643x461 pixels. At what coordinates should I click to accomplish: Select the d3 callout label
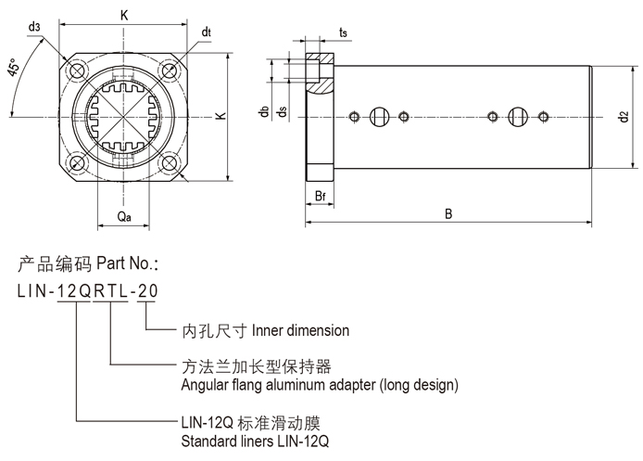click(35, 27)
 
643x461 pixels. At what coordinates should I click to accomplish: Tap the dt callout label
click(206, 32)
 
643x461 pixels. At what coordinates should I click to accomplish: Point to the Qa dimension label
click(123, 216)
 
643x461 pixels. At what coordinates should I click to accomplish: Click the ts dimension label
click(343, 33)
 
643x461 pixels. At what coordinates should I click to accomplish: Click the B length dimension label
click(448, 214)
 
